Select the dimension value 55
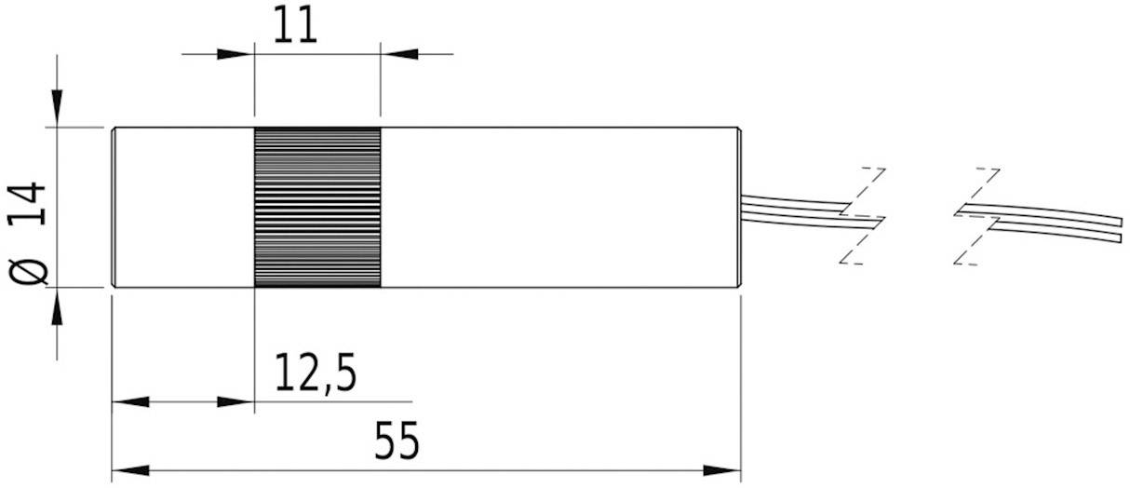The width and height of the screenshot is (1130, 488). (x=397, y=441)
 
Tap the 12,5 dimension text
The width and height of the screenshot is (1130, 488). (x=315, y=374)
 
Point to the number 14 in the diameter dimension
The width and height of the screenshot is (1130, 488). (x=32, y=204)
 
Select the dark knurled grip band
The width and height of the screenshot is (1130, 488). (x=317, y=207)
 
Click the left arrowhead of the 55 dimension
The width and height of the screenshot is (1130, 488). (x=129, y=468)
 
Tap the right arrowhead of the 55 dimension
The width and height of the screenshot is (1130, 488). (x=722, y=468)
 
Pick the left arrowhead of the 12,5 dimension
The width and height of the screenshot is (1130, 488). (x=129, y=402)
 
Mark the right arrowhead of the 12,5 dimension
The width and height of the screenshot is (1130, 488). (x=236, y=402)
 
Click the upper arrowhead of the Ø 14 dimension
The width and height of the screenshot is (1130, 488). (x=58, y=107)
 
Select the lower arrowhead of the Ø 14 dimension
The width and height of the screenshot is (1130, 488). (x=58, y=306)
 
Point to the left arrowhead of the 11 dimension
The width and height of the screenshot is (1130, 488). (x=236, y=54)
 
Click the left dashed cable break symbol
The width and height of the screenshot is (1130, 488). (x=862, y=216)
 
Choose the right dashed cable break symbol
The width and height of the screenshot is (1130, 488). (x=977, y=216)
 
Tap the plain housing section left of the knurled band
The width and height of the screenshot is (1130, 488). (x=182, y=207)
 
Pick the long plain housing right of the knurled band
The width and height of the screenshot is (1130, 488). (x=558, y=207)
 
